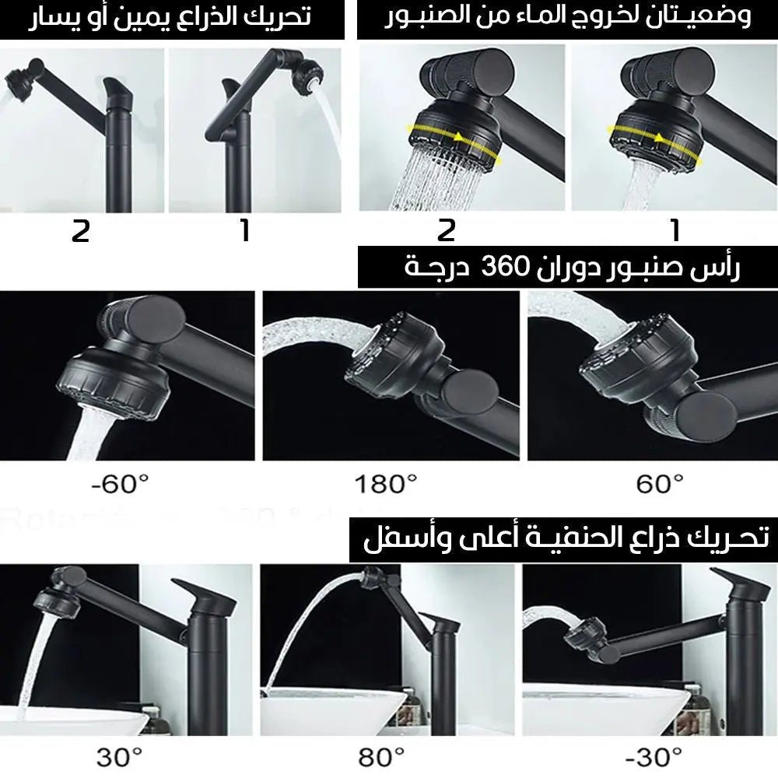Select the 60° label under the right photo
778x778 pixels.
660,485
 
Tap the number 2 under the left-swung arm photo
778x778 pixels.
80,231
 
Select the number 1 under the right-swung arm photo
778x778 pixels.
246,231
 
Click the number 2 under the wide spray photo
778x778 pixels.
446,231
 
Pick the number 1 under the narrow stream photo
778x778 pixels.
675,231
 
